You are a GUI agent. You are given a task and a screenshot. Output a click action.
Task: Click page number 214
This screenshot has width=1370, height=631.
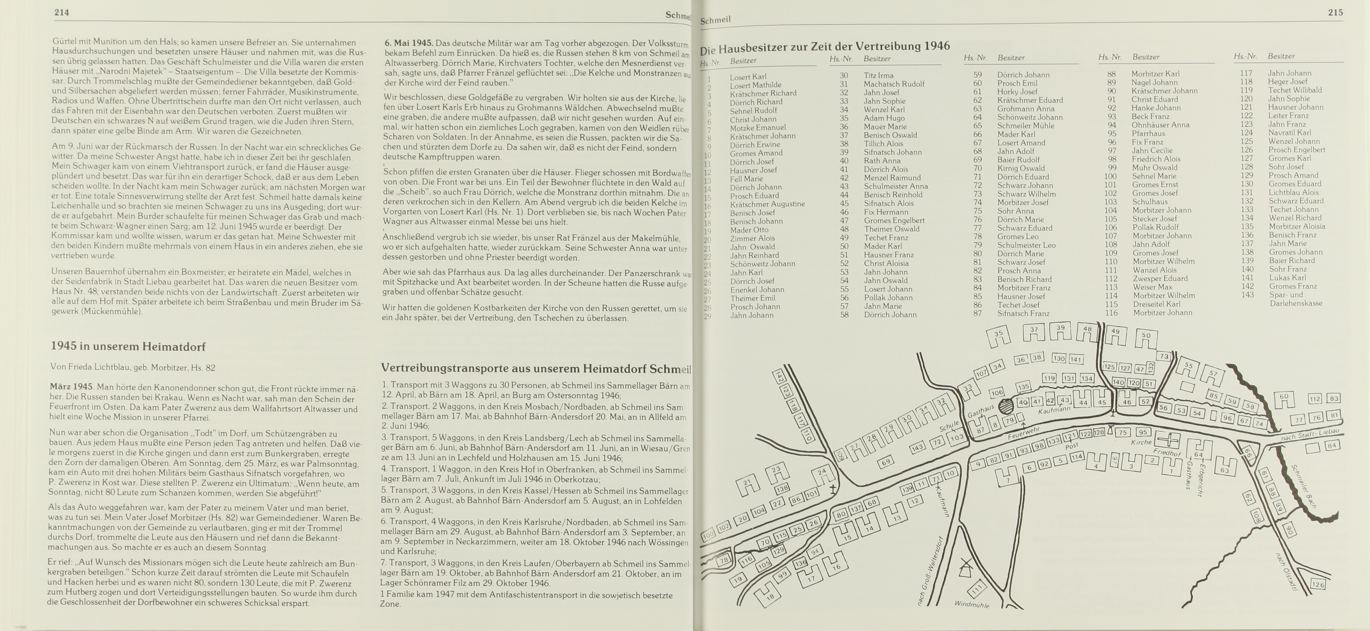(x=62, y=12)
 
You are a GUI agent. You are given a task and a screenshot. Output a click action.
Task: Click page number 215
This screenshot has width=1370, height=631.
(x=1335, y=12)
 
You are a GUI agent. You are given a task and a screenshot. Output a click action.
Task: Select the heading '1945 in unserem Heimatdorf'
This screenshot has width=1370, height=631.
(x=128, y=346)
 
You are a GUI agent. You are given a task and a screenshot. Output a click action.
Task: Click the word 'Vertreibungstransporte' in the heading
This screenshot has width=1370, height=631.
(x=444, y=368)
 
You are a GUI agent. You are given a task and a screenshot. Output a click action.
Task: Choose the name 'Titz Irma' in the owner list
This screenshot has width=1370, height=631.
(x=878, y=76)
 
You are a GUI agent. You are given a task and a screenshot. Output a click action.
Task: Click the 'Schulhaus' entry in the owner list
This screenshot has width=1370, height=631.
(x=1149, y=202)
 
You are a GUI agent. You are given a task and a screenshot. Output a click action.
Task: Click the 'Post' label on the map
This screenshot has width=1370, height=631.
(x=1072, y=446)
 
